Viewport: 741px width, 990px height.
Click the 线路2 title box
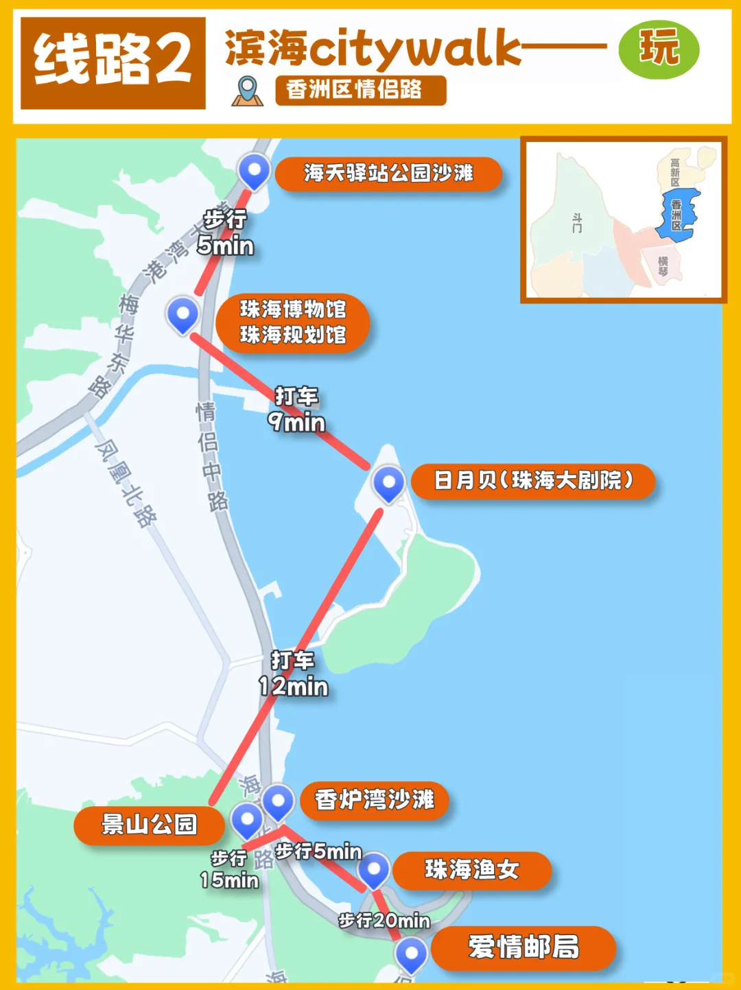(x=113, y=62)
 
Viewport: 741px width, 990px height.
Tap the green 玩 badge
(x=658, y=49)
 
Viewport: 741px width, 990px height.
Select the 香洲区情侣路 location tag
(x=360, y=90)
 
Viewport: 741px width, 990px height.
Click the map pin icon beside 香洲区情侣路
(x=247, y=91)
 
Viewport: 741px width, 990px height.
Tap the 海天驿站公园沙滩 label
(x=388, y=174)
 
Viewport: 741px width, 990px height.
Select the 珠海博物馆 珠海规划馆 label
(x=293, y=322)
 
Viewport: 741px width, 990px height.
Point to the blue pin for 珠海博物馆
(x=183, y=314)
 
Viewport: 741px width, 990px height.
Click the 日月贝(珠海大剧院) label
(x=533, y=480)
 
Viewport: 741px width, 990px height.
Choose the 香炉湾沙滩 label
(x=374, y=800)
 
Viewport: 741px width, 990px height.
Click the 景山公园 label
(x=149, y=825)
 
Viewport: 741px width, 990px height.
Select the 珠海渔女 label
(x=471, y=870)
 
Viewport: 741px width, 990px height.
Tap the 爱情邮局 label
(x=523, y=947)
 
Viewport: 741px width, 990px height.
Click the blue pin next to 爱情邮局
(x=412, y=954)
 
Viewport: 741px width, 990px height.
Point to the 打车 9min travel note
(x=296, y=410)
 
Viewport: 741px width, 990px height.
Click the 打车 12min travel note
(x=293, y=674)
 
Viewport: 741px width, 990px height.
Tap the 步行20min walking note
(x=384, y=921)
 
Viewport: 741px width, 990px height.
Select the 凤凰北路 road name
(x=126, y=483)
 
